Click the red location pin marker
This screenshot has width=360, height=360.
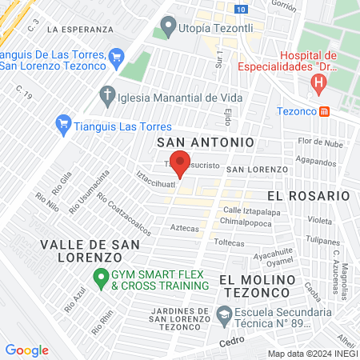pos(180,162)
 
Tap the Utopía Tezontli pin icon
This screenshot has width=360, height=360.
pos(168,28)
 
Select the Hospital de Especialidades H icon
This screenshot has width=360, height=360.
pos(319,82)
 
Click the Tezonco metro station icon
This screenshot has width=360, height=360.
pos(324,111)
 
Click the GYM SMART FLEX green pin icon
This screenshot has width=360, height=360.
pos(101,279)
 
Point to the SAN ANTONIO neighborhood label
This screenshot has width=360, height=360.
pos(206,142)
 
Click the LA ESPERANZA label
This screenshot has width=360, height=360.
pos(80,29)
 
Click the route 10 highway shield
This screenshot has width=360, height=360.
pos(242,7)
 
